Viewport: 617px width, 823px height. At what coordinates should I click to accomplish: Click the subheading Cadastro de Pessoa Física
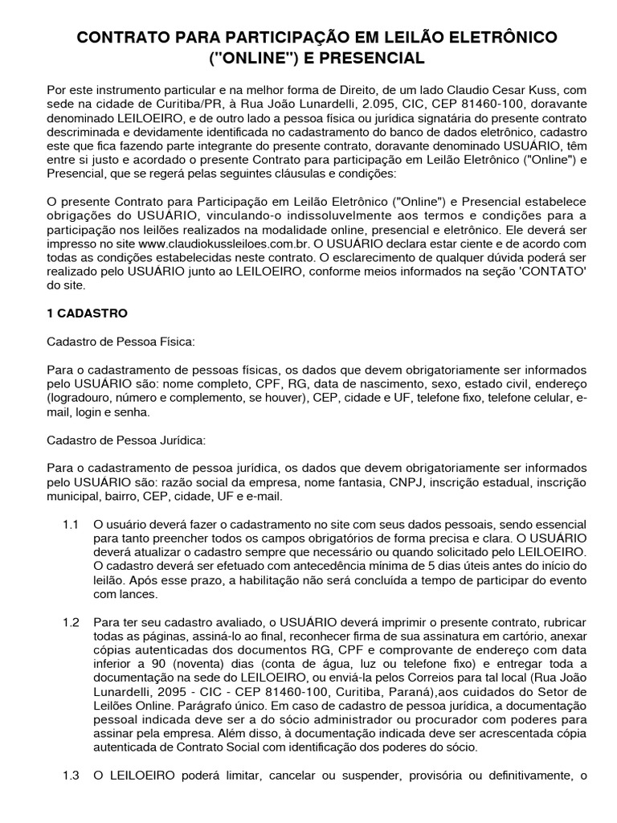tap(121, 342)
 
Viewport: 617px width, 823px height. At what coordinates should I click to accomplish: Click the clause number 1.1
tap(71, 524)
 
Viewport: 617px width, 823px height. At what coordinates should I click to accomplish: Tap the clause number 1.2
tap(71, 622)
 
